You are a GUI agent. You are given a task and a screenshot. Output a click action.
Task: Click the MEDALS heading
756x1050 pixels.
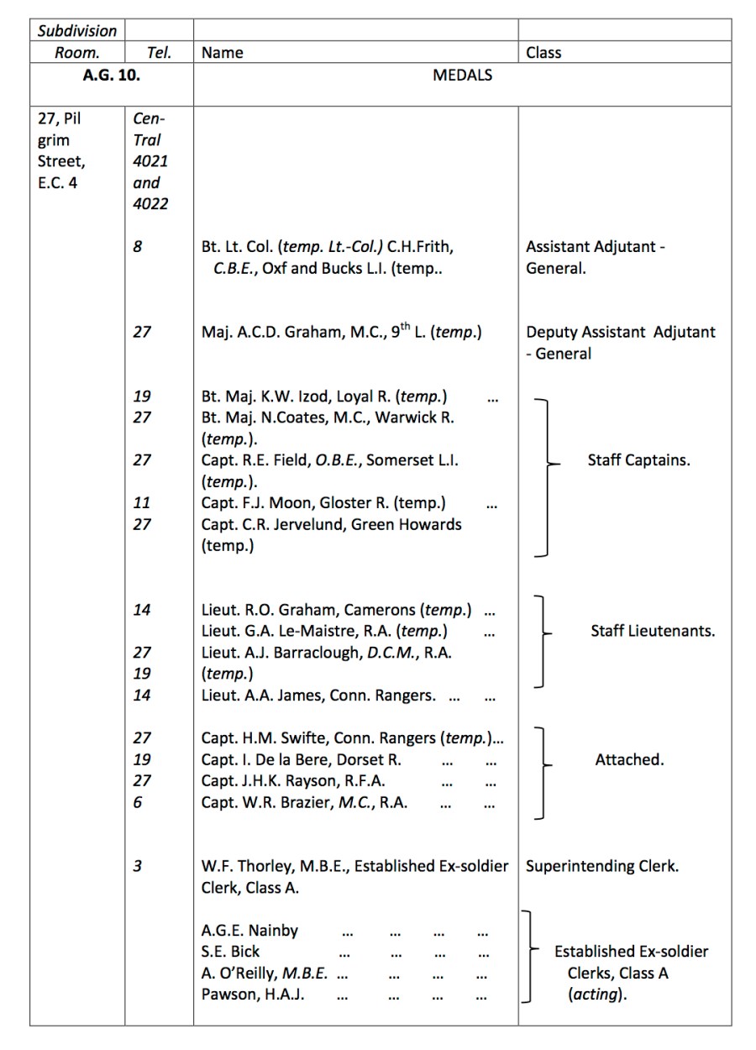pos(462,75)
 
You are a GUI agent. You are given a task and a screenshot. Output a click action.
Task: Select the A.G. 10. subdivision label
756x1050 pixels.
pos(111,75)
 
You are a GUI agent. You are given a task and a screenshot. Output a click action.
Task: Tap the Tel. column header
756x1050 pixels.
pos(159,52)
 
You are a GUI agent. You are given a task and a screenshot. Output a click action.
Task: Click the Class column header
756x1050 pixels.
pos(543,52)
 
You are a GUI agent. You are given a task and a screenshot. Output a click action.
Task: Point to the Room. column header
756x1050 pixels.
pos(77,52)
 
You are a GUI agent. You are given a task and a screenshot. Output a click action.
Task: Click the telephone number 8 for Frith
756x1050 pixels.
pos(138,247)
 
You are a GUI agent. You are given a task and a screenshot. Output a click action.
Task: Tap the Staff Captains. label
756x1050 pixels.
pos(638,460)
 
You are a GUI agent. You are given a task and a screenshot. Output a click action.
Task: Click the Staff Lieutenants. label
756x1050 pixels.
pos(653,631)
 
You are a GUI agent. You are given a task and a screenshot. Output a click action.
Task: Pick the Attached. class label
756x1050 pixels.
pos(629,759)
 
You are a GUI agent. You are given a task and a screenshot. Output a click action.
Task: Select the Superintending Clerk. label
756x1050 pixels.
pos(601,866)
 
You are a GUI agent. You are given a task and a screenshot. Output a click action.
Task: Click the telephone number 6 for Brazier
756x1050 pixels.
pos(138,801)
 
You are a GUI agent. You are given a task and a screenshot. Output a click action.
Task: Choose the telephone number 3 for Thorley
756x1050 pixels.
pos(138,866)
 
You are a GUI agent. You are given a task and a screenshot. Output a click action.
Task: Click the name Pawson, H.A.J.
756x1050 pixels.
pos(253,995)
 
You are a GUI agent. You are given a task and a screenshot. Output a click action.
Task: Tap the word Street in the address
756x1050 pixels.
pos(61,160)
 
